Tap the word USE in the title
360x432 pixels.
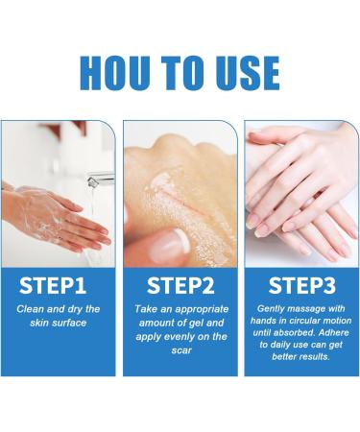(244, 73)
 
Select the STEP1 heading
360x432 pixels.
(58, 285)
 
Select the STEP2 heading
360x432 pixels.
(180, 285)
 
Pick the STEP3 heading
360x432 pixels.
(300, 285)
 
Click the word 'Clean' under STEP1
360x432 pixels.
(30, 309)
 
